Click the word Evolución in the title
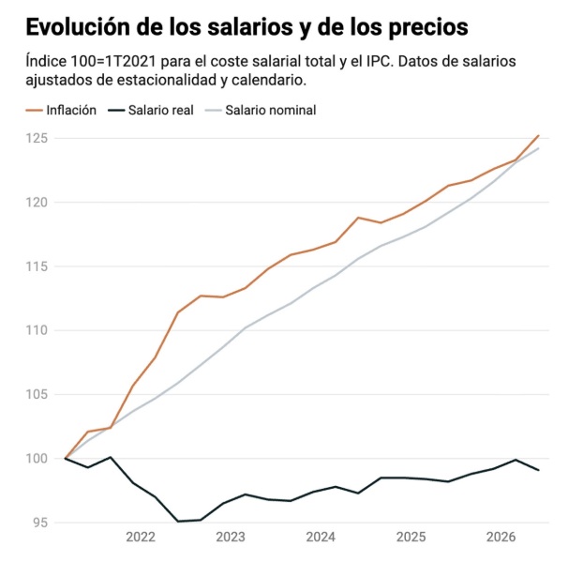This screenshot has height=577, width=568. pyautogui.click(x=78, y=27)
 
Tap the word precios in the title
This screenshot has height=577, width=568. pyautogui.click(x=428, y=28)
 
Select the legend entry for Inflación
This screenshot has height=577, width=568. pyautogui.click(x=61, y=110)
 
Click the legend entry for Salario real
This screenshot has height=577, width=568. pyautogui.click(x=151, y=110)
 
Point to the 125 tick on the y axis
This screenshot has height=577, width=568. pyautogui.click(x=37, y=138)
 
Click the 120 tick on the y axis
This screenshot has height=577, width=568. pyautogui.click(x=37, y=203)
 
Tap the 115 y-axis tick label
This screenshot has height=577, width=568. pyautogui.click(x=37, y=266)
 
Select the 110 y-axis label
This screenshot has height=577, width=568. pyautogui.click(x=37, y=330)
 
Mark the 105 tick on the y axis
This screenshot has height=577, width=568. pyautogui.click(x=37, y=394)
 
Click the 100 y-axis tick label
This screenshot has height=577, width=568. pyautogui.click(x=37, y=459)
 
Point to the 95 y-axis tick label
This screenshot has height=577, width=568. pyautogui.click(x=40, y=523)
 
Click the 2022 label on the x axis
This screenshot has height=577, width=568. pyautogui.click(x=141, y=537)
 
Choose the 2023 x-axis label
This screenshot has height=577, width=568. pyautogui.click(x=231, y=537)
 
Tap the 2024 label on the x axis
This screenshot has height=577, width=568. pyautogui.click(x=321, y=537)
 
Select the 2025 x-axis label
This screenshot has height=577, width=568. pyautogui.click(x=411, y=537)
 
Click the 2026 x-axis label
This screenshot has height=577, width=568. pyautogui.click(x=501, y=537)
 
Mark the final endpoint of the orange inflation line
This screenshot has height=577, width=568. pyautogui.click(x=539, y=135)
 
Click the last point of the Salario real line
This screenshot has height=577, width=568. pyautogui.click(x=539, y=470)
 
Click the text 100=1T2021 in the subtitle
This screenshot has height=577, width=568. pyautogui.click(x=113, y=61)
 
